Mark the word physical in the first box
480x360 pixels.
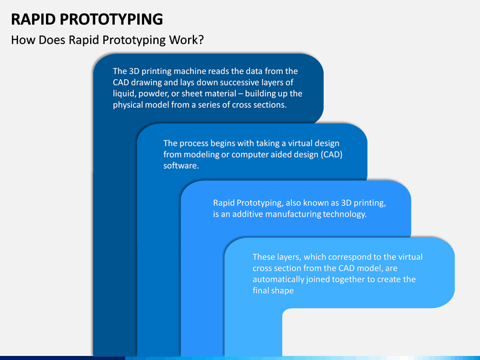pyautogui.click(x=128, y=105)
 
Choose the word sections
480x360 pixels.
pyautogui.click(x=269, y=105)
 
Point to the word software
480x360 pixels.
pyautogui.click(x=181, y=166)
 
